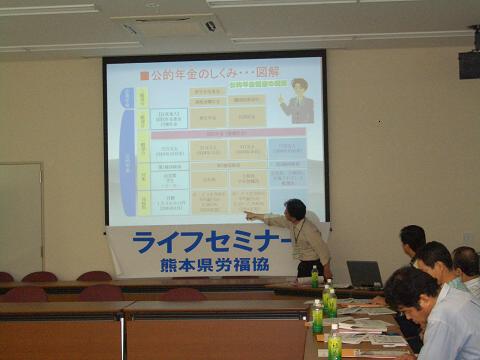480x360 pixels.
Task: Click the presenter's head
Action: [296, 209]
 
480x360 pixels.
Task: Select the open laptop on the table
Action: [363, 274]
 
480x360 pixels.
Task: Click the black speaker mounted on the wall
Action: [469, 64]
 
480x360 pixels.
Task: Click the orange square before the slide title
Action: [144, 75]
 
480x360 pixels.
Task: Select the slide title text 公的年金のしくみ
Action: [191, 75]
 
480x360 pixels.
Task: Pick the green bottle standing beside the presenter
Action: [314, 276]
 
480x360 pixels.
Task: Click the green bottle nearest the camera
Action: [335, 343]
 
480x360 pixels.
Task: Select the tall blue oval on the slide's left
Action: [127, 150]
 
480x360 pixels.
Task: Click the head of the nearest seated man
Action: [411, 289]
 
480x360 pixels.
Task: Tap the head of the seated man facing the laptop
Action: [412, 239]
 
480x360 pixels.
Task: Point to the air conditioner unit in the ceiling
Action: [168, 25]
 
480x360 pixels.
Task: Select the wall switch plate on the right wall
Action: [467, 238]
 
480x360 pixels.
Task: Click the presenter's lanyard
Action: [296, 233]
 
